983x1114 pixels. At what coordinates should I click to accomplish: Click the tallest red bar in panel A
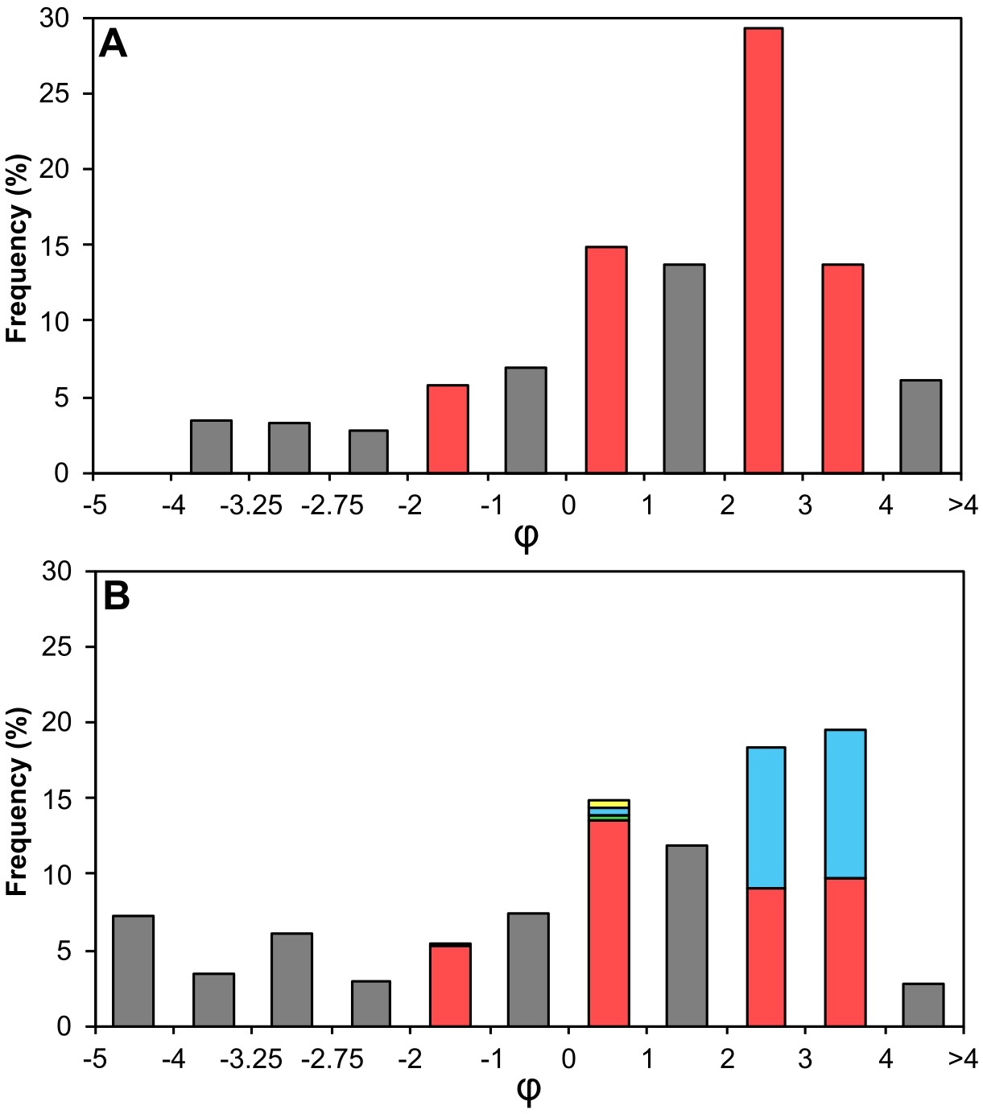click(763, 250)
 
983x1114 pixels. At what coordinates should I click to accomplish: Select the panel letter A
click(113, 45)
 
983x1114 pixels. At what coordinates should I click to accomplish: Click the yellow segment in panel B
click(609, 803)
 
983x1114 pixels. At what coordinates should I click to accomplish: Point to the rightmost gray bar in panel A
click(921, 427)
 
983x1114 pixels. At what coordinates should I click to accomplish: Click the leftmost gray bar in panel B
click(133, 971)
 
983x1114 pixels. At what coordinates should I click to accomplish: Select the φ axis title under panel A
click(526, 537)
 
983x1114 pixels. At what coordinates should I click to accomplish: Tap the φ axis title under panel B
click(527, 1091)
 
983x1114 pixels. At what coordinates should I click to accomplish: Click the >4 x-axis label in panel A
click(962, 505)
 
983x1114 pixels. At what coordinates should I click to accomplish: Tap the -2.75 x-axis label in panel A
click(332, 505)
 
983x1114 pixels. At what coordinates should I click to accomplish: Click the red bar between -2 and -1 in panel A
click(448, 429)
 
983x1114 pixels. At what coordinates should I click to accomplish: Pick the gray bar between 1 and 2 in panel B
click(687, 936)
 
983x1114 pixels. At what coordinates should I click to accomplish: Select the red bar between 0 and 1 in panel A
click(606, 360)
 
